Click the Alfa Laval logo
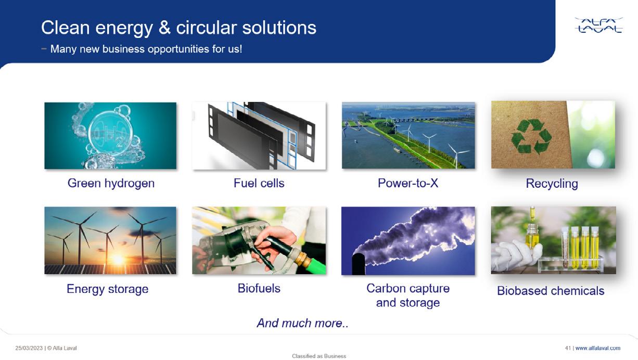[598, 25]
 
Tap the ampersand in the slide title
[164, 28]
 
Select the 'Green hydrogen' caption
[111, 183]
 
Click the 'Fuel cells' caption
[259, 183]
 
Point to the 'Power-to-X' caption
[408, 183]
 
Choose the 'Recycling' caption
[552, 184]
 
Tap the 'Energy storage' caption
[107, 289]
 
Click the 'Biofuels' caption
[259, 288]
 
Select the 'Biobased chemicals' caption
[551, 291]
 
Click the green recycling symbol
[531, 136]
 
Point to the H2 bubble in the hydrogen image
[110, 133]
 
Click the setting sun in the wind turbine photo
[118, 259]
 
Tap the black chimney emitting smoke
[359, 265]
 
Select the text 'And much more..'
[302, 323]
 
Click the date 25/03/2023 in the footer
[29, 348]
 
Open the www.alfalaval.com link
[598, 348]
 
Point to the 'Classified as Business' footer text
[319, 356]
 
